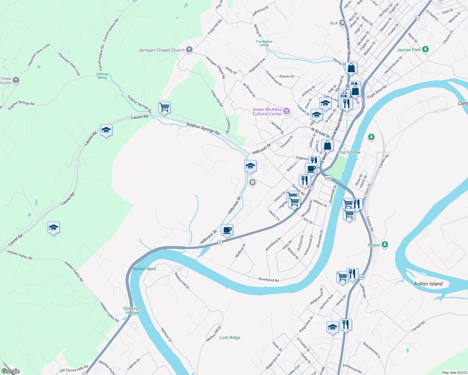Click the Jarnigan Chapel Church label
coord(161,50)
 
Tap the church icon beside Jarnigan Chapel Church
coord(189,50)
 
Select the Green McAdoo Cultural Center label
coord(267,112)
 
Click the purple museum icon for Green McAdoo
coord(286,111)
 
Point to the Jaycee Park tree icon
coord(425,49)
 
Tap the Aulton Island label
coord(428,284)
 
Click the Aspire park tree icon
coord(385,245)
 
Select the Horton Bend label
coord(145,269)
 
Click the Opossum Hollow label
coord(133,310)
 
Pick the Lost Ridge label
coord(230,337)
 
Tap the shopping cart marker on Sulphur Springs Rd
coord(164,107)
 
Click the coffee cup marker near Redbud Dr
coord(227,230)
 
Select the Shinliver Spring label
coord(102,76)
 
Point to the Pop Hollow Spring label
coord(264,43)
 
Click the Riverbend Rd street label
coord(268,280)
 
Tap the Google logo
coord(10,371)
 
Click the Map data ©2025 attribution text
coord(455,372)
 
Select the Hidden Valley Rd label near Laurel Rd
coord(20,255)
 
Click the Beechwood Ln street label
coord(372,350)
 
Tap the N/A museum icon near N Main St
coord(342,23)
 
